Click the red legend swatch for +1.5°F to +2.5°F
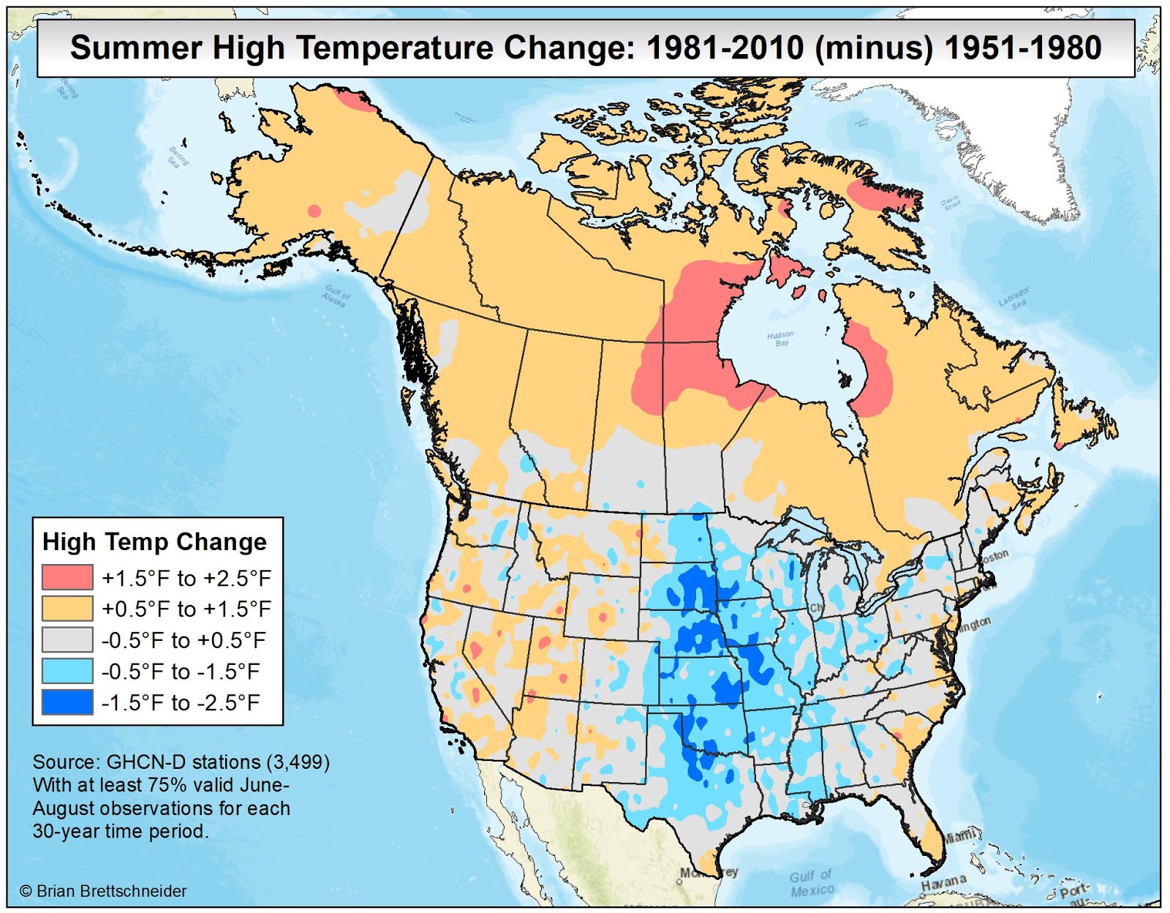(x=67, y=577)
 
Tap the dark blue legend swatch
(x=67, y=702)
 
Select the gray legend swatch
(x=67, y=640)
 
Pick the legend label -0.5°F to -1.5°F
(x=181, y=672)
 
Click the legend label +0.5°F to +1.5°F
(x=186, y=609)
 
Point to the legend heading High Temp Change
(x=155, y=541)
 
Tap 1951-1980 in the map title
(x=1023, y=48)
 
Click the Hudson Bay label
(x=780, y=339)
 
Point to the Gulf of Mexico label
(x=812, y=883)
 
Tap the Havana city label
(x=943, y=883)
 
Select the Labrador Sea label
(x=1015, y=298)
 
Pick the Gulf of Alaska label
(x=336, y=296)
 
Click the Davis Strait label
(x=951, y=203)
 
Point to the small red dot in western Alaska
(x=314, y=211)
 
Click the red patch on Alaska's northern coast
(x=355, y=99)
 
